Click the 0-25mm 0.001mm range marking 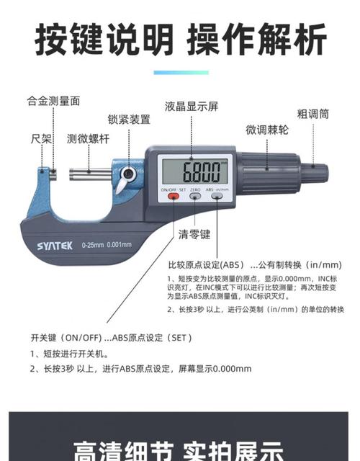pos(107,245)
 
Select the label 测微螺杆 pos(89,139)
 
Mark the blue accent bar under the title pos(181,72)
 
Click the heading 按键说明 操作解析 pos(180,40)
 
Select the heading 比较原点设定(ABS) pos(206,264)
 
